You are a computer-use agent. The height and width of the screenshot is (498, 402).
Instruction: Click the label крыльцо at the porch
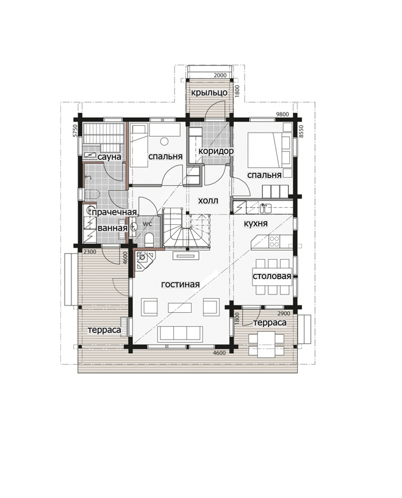click(x=209, y=92)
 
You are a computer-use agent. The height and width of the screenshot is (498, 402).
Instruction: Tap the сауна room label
click(x=109, y=157)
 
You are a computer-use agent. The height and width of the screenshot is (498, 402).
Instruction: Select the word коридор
click(x=216, y=151)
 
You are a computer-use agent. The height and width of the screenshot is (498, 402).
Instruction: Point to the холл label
click(x=208, y=200)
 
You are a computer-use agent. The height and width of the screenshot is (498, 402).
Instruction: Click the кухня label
click(x=256, y=224)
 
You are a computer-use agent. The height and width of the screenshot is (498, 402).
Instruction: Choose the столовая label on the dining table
click(x=271, y=276)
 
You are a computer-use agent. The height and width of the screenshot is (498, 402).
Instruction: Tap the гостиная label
click(x=181, y=284)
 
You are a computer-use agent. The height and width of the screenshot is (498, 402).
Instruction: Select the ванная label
click(x=112, y=228)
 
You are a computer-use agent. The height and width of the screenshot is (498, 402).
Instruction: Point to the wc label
click(x=148, y=224)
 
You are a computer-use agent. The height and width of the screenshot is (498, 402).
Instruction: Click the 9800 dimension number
click(x=282, y=114)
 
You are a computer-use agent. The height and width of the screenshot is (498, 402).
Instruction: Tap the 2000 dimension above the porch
click(x=220, y=75)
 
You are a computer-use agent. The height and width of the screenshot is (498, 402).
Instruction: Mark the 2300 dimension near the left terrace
click(x=89, y=252)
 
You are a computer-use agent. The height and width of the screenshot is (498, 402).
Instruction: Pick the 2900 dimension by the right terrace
click(x=284, y=313)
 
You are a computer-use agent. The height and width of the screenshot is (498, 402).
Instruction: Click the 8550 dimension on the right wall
click(x=301, y=131)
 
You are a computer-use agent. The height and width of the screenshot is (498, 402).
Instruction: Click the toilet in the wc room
click(x=149, y=239)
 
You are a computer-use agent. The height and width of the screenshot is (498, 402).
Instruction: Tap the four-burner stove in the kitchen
click(x=275, y=242)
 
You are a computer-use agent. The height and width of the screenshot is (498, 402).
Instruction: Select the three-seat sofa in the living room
click(x=180, y=334)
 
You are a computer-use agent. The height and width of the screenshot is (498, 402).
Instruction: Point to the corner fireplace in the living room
click(x=144, y=260)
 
